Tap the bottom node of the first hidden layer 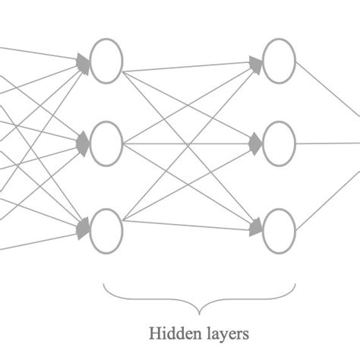pyautogui.click(x=106, y=232)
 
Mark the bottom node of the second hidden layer pyautogui.click(x=279, y=232)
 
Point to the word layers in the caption pyautogui.click(x=223, y=333)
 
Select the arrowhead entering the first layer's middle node pyautogui.click(x=84, y=141)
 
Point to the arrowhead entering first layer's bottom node pyautogui.click(x=84, y=225)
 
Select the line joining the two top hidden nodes pyautogui.click(x=190, y=66)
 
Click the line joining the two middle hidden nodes pyautogui.click(x=190, y=141)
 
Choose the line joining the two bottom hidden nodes pyautogui.click(x=190, y=223)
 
